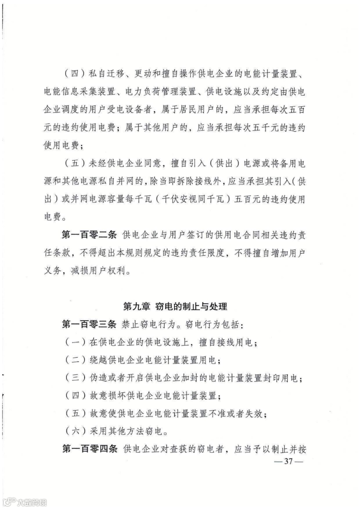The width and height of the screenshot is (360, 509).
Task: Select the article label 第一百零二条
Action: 89,235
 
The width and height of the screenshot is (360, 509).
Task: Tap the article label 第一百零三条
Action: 89,324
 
